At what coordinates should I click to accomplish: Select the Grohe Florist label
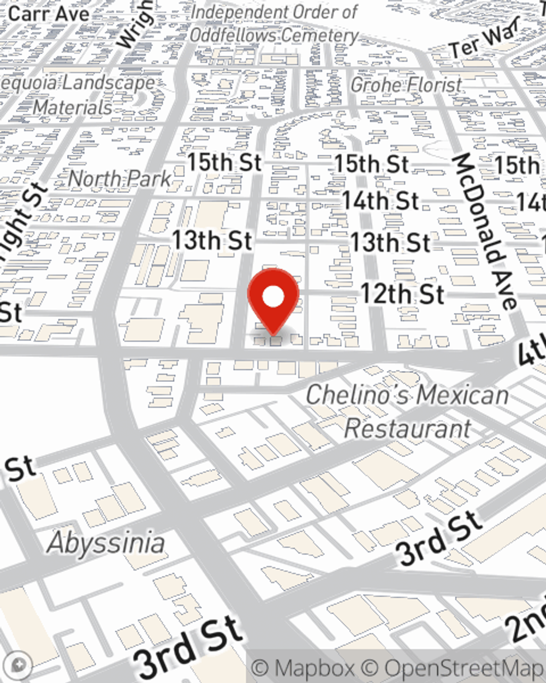coord(406,85)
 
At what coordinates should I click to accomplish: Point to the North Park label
coord(120,179)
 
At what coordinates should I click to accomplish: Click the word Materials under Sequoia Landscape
coord(72,107)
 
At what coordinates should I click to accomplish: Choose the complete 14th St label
coord(381,201)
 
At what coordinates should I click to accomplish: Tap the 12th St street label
coord(402,295)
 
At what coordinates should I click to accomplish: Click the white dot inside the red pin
coord(273,298)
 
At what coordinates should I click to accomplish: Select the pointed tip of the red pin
coord(273,333)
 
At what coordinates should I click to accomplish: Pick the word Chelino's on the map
coord(351,395)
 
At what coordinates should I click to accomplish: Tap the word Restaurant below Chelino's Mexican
coord(407,428)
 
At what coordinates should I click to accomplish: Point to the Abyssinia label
coord(106,543)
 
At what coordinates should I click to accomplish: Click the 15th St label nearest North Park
coord(224,162)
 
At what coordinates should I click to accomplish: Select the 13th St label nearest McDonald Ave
coord(390,243)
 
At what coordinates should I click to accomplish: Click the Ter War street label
coord(484,40)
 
